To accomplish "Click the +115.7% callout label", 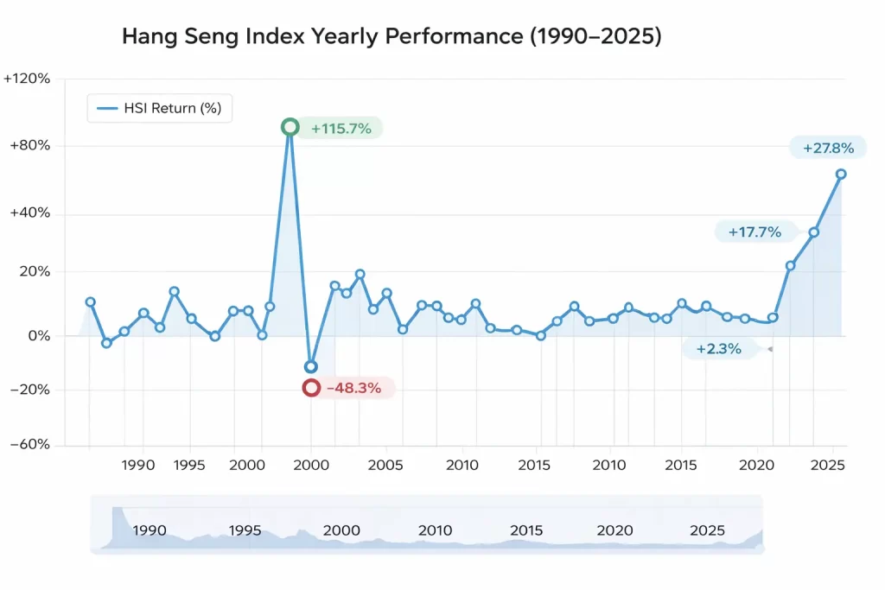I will click(341, 129).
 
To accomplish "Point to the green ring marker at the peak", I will click(290, 127).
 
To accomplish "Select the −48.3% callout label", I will click(353, 388).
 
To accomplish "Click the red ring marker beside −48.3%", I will click(311, 388).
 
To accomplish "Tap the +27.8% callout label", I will click(828, 149).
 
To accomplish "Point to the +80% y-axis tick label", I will click(30, 146).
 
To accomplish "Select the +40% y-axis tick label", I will click(30, 213).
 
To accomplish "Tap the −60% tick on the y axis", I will click(30, 445).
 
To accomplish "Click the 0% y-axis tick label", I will click(38, 335).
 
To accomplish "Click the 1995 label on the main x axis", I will click(189, 465).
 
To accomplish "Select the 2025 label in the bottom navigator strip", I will click(707, 530).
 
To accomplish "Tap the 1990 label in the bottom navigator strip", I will click(150, 530).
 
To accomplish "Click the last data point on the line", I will click(841, 174).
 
